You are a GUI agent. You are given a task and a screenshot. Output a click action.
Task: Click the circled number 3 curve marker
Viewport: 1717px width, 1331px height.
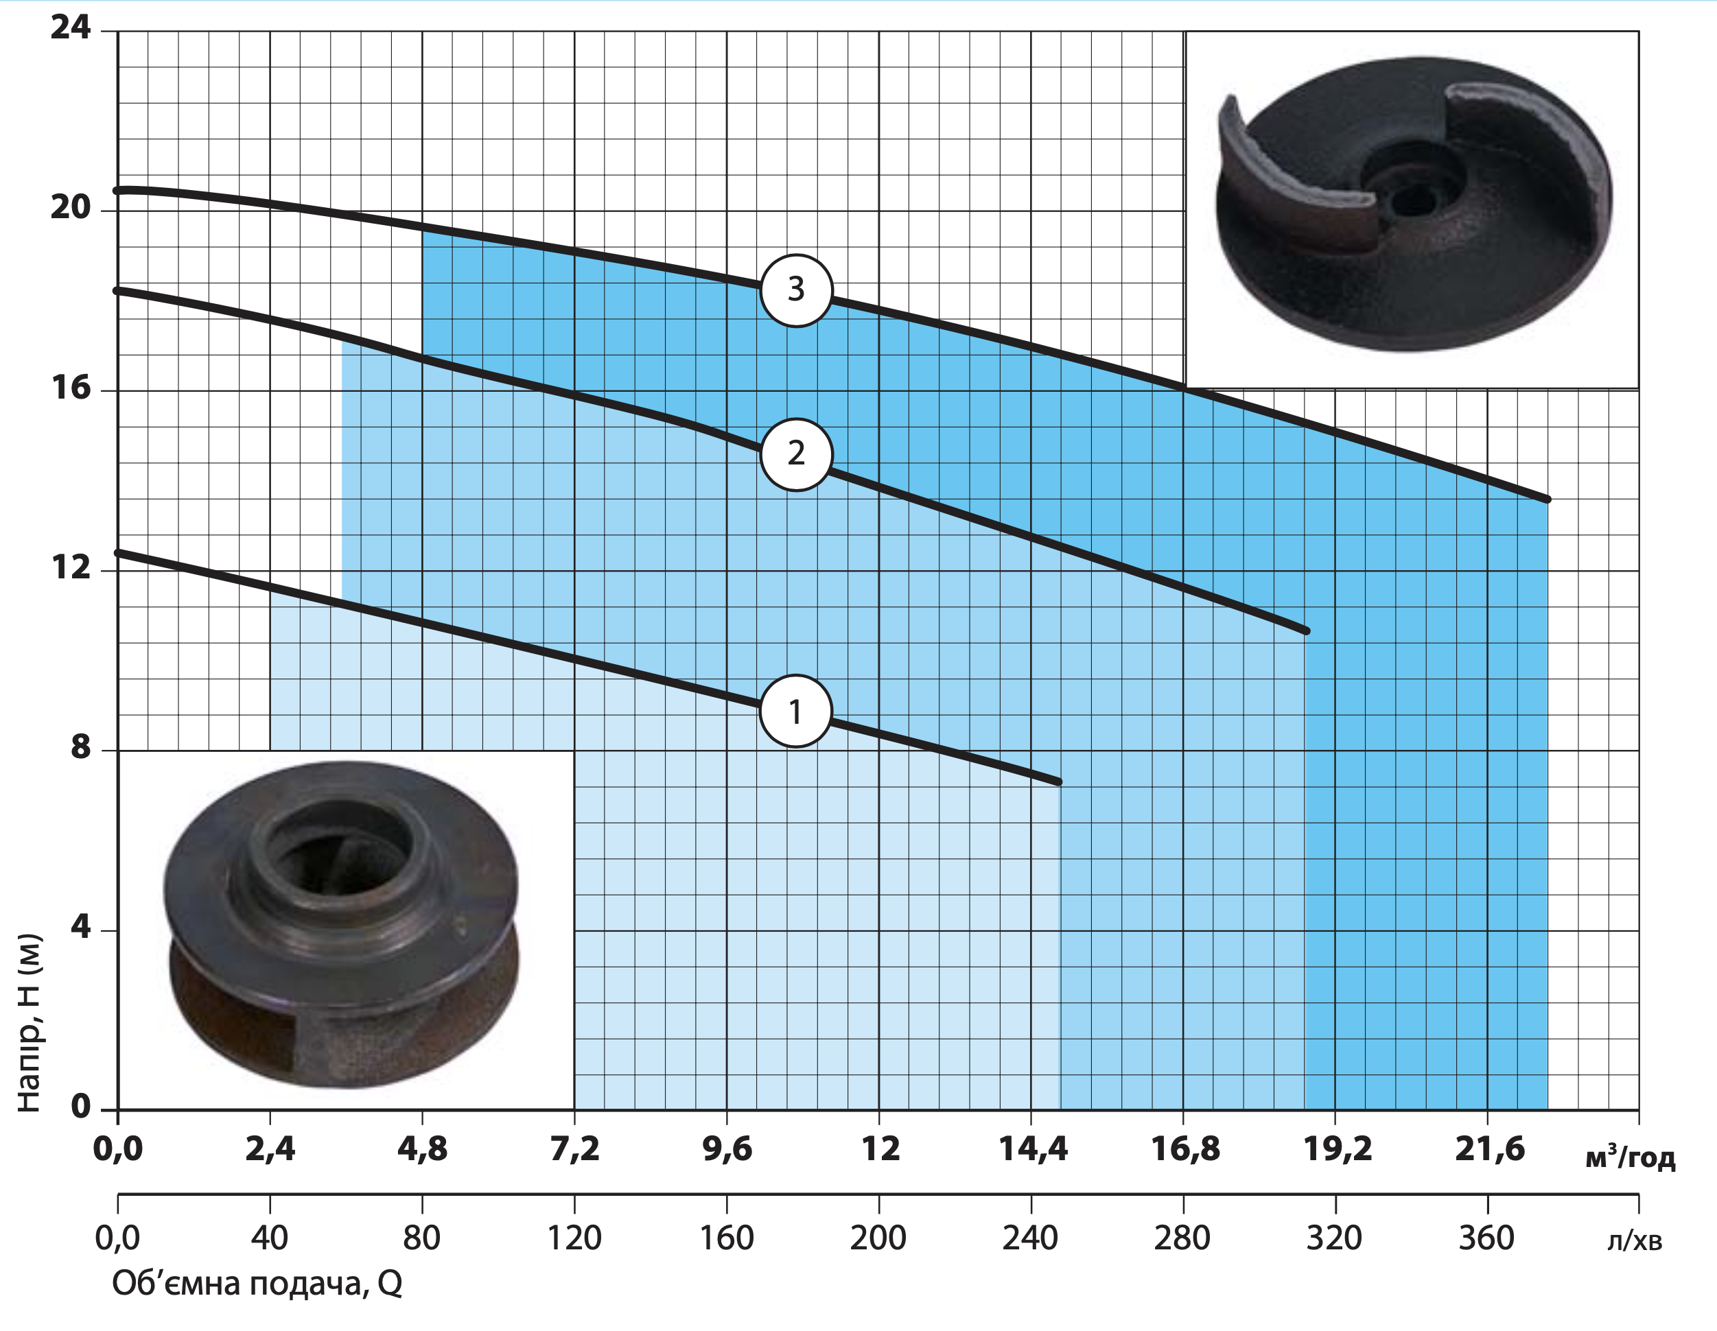(x=795, y=290)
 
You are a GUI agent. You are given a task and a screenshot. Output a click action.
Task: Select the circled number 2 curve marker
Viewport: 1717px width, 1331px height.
(x=795, y=454)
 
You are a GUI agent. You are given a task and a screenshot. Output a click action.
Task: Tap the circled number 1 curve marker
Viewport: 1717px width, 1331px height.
(x=795, y=711)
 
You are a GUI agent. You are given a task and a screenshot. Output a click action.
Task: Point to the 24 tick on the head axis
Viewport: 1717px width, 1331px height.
(x=71, y=27)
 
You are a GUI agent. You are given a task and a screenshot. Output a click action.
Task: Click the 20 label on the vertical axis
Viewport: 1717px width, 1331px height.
(x=71, y=208)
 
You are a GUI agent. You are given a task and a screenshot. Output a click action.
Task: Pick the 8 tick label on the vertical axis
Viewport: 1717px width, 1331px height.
(x=80, y=747)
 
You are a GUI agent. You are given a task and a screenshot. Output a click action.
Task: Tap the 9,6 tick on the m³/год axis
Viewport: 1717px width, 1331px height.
(x=727, y=1149)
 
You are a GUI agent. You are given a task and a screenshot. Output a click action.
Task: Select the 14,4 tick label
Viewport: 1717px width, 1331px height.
(x=1033, y=1149)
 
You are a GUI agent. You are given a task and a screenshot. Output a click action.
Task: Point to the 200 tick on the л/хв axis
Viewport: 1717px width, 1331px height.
(x=878, y=1239)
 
